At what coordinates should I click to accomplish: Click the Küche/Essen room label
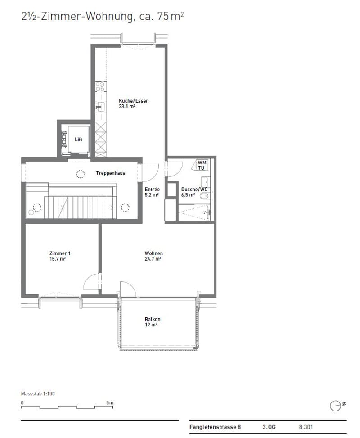tap(134, 101)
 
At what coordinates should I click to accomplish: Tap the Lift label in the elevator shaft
tap(78, 140)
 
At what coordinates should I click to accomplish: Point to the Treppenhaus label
tap(111, 173)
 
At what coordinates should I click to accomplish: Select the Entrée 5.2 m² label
tap(152, 192)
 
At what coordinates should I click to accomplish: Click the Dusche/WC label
tap(194, 190)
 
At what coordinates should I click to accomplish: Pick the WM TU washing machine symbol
tap(200, 165)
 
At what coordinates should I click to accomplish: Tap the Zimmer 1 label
tap(60, 253)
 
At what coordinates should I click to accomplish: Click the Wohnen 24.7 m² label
tap(153, 256)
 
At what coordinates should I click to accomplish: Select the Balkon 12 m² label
tap(153, 322)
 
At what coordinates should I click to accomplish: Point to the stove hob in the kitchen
tap(100, 86)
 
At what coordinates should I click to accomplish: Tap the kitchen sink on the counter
tap(100, 107)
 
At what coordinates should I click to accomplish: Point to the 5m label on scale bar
tap(110, 403)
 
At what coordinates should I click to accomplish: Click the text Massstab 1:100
tap(38, 393)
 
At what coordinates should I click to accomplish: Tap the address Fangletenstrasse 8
tap(215, 427)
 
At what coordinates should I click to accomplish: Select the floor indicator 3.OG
tap(269, 427)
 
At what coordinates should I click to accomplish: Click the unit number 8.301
tap(306, 427)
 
